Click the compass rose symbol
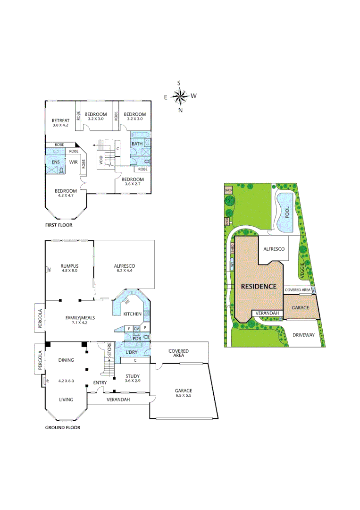pos(180,97)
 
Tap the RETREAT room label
pos(60,120)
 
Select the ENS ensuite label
pos(55,161)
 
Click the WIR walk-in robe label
pos(73,162)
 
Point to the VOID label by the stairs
pos(101,161)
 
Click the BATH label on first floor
pos(137,144)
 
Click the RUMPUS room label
pos(69,265)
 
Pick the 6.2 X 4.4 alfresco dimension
pos(125,271)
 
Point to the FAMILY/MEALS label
pos(80,318)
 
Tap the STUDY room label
pos(133,375)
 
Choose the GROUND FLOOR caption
pos(62,427)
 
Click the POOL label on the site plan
pos(288,213)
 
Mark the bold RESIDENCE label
pos(258,286)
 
